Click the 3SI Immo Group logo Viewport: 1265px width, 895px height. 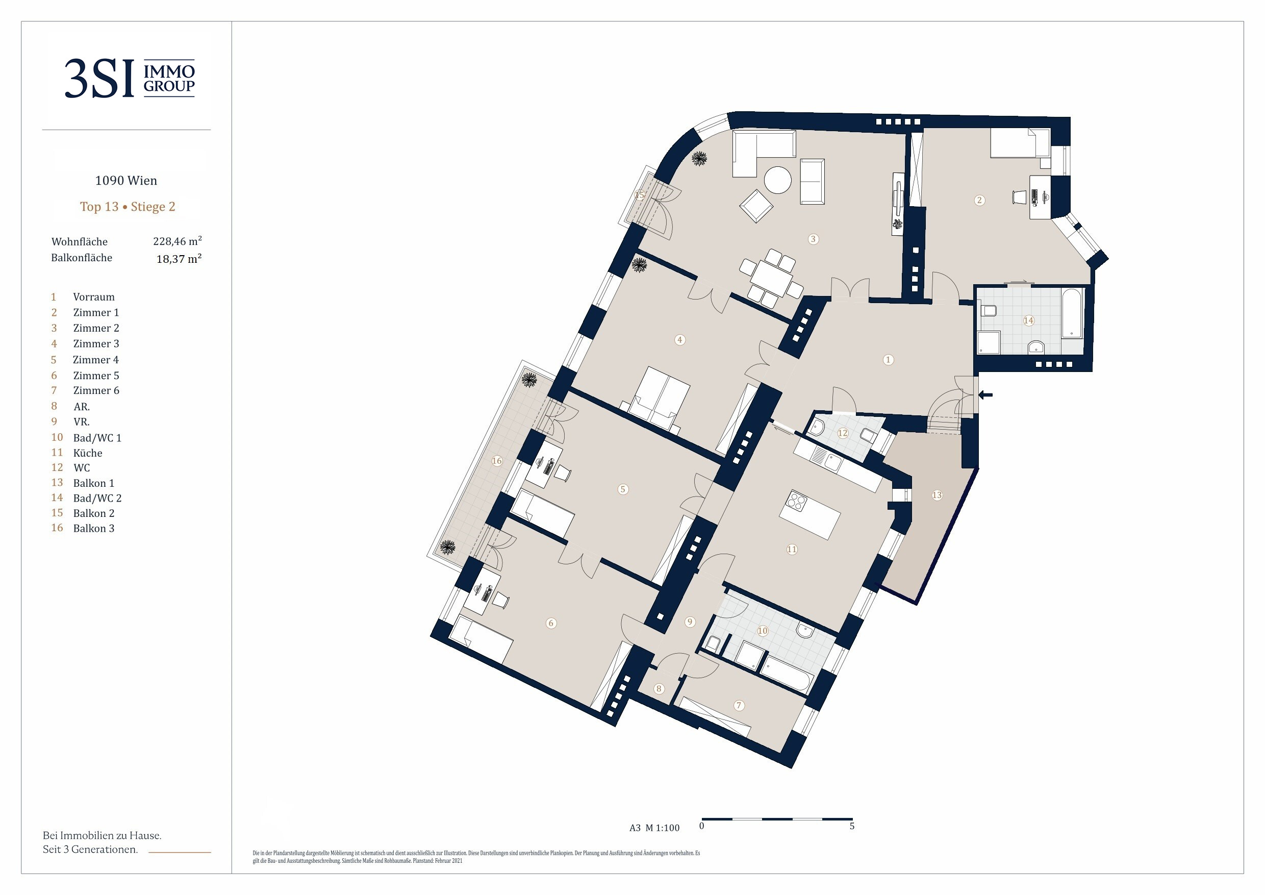click(x=130, y=78)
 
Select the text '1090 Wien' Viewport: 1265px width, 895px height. click(x=126, y=181)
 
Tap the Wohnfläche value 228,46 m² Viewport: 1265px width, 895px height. click(x=178, y=241)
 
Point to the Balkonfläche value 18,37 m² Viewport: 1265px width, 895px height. click(x=179, y=259)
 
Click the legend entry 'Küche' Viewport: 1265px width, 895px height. click(x=88, y=453)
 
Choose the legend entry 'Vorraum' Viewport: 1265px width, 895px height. click(x=94, y=297)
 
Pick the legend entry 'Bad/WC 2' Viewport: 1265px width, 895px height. click(x=97, y=498)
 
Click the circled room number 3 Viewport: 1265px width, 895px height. click(x=813, y=239)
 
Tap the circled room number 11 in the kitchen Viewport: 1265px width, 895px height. click(x=792, y=549)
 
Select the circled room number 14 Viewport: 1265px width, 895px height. click(x=1029, y=320)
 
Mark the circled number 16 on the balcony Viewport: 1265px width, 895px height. click(x=497, y=461)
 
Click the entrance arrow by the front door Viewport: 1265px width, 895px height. click(x=985, y=394)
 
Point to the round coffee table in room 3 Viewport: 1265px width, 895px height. click(x=778, y=180)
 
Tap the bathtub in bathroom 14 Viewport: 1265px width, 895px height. click(x=1072, y=312)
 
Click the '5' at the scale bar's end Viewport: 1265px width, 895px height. click(x=852, y=826)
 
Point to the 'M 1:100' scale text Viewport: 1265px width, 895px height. click(x=662, y=828)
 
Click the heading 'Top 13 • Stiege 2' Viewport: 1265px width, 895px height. click(x=128, y=207)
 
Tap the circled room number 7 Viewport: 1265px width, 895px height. click(x=740, y=705)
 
